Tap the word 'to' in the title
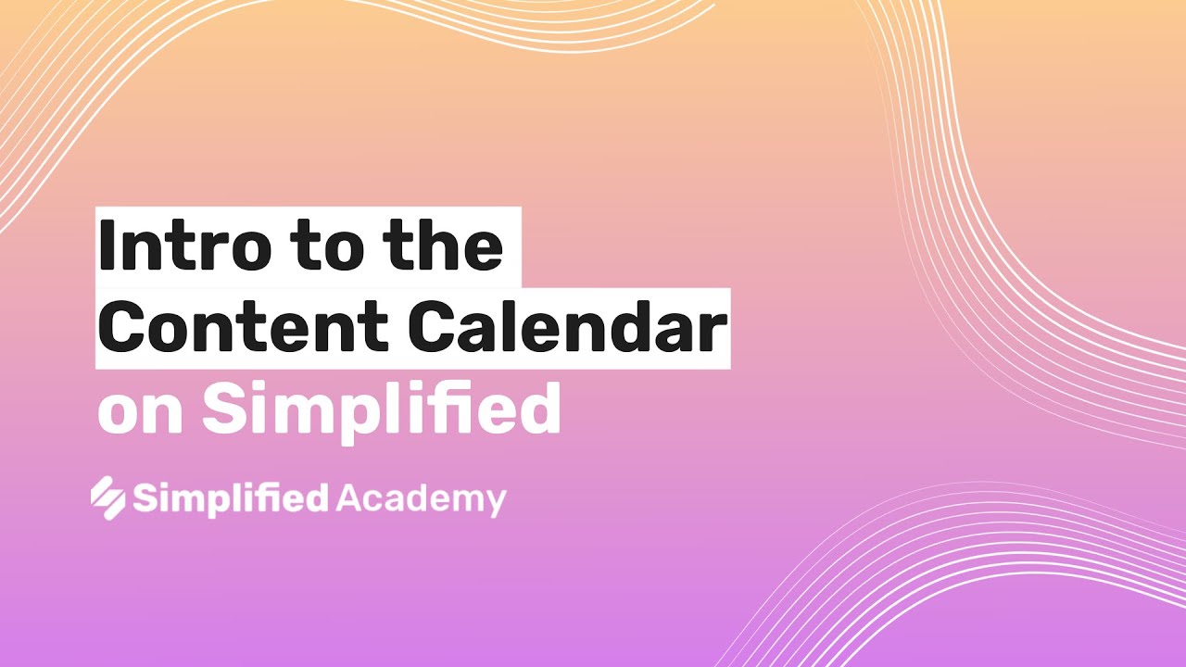click(x=330, y=246)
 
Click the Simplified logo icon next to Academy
click(x=107, y=497)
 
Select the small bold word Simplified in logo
click(x=231, y=498)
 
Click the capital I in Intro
click(x=107, y=246)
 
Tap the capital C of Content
click(x=124, y=328)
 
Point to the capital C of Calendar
click(x=435, y=328)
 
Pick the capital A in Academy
click(x=348, y=498)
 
